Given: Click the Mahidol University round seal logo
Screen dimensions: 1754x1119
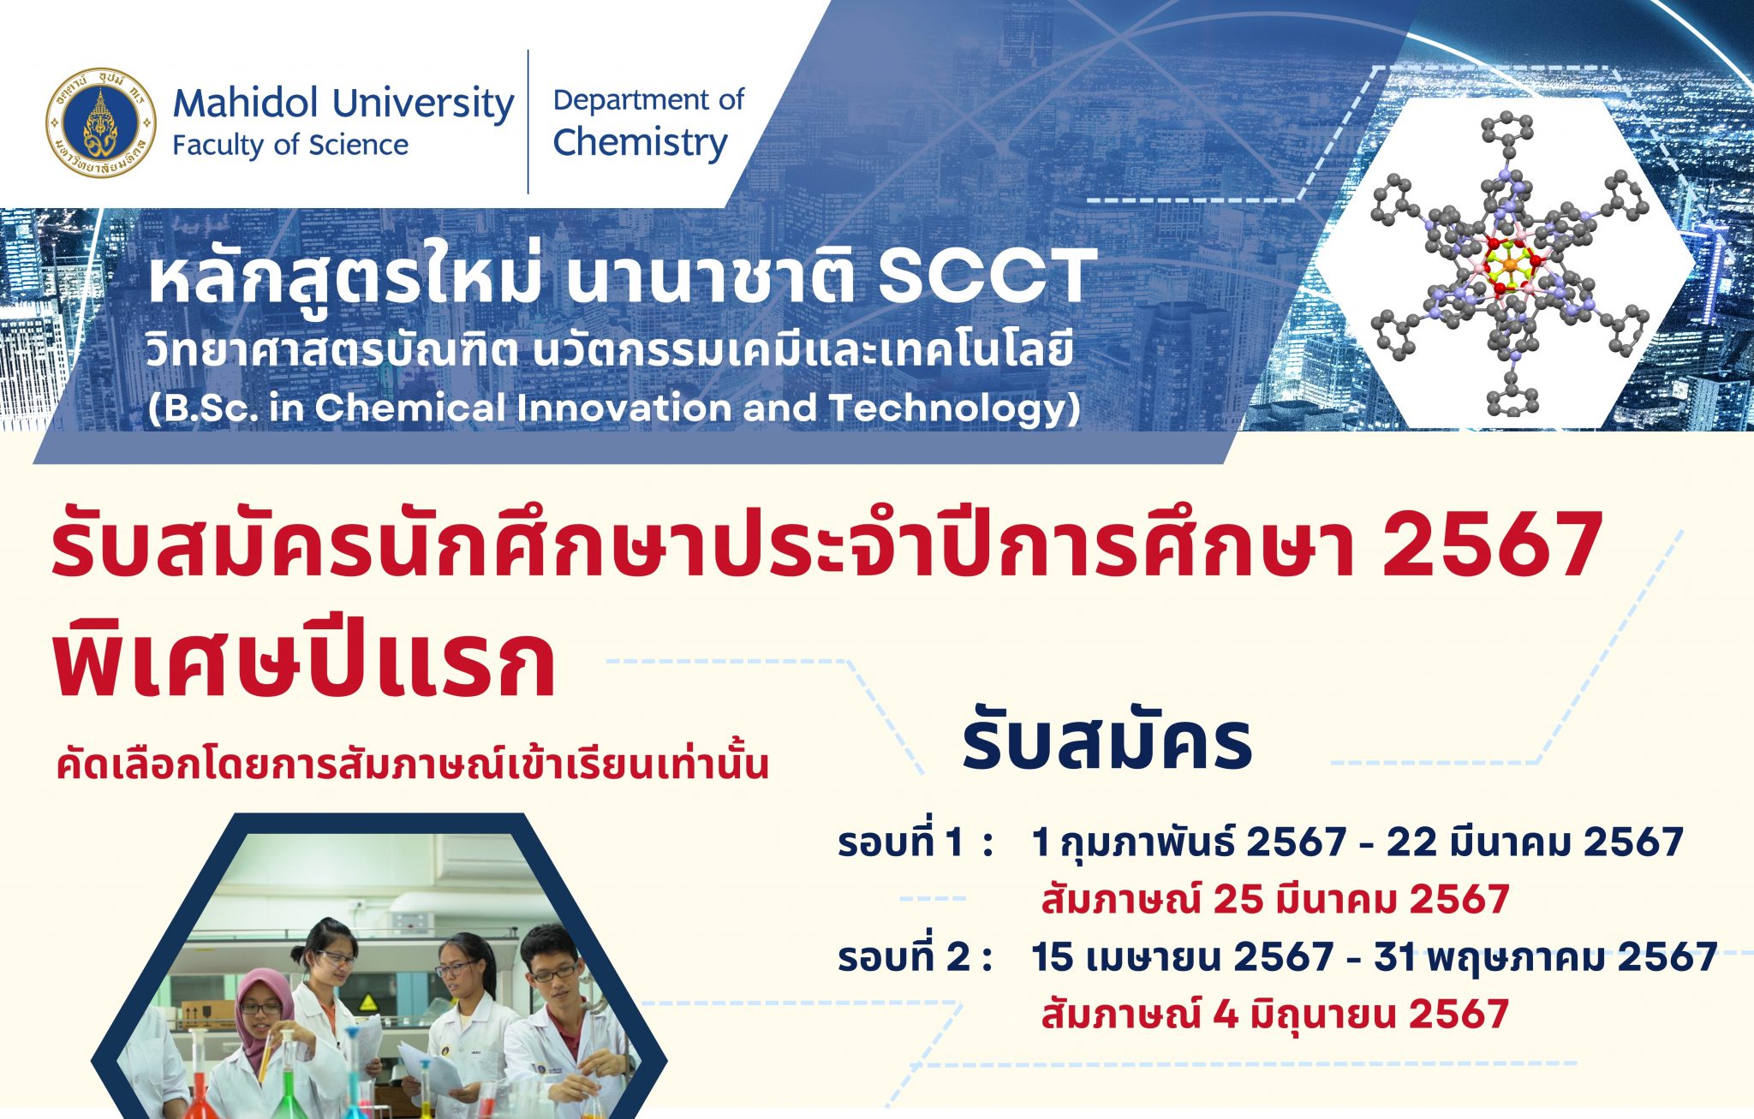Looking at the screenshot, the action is (101, 122).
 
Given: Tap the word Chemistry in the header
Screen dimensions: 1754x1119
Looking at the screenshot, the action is (640, 143).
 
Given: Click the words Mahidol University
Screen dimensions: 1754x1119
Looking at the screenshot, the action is (343, 104).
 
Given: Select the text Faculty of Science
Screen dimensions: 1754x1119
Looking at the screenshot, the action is (290, 146).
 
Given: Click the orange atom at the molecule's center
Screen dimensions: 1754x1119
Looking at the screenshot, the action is (1509, 266).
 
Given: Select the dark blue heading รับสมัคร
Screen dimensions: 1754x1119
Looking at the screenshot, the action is (1107, 741).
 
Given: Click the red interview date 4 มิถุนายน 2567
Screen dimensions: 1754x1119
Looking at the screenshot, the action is (1361, 1015).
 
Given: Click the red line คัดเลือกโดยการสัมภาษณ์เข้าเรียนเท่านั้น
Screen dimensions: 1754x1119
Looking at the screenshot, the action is (412, 765).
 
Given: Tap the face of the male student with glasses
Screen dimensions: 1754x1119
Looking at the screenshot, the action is (552, 967).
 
